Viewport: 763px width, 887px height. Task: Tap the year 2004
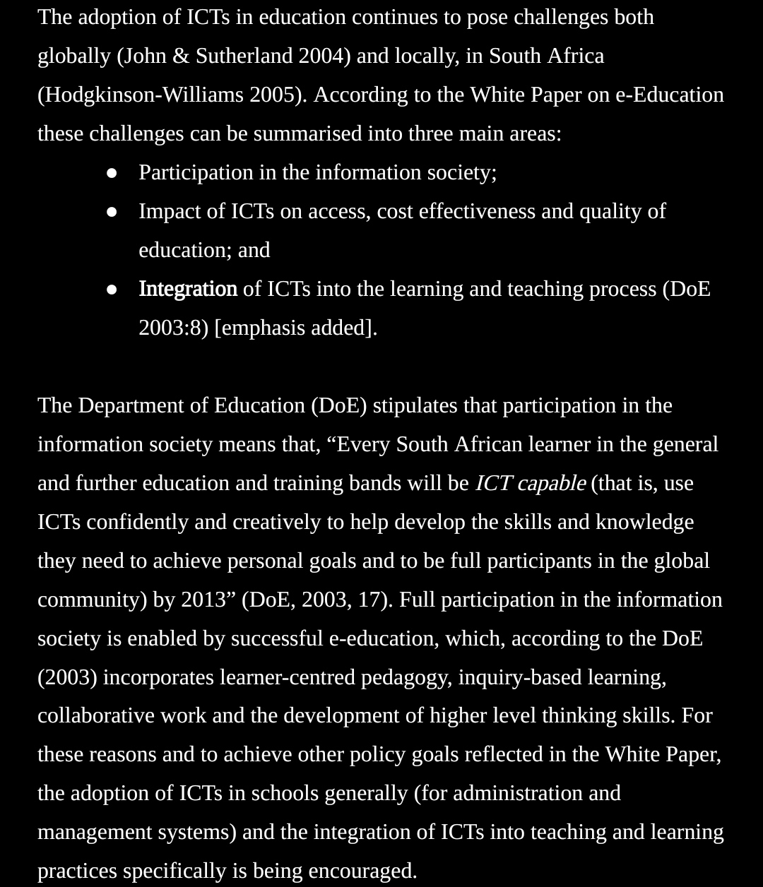[324, 56]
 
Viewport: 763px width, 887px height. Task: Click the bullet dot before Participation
[112, 173]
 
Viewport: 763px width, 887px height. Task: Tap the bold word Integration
[188, 289]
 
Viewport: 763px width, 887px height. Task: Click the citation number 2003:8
[173, 328]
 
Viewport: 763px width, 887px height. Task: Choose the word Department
[135, 405]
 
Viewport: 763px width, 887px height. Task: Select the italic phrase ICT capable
[531, 483]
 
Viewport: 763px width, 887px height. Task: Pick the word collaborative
[96, 715]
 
